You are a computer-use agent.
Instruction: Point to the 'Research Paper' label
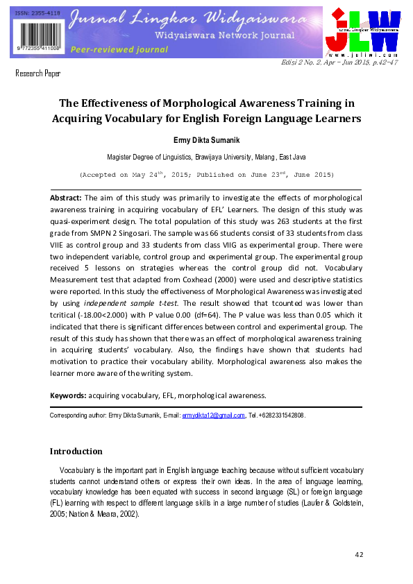[x=38, y=74]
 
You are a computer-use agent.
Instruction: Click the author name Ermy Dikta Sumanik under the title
[x=205, y=140]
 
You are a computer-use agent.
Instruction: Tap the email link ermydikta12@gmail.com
[x=214, y=415]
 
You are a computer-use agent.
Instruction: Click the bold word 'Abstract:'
[x=66, y=198]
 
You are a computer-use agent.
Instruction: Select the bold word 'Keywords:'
[x=67, y=395]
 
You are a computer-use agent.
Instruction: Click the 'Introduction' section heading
[x=76, y=451]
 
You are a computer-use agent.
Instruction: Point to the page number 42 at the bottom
[x=359, y=554]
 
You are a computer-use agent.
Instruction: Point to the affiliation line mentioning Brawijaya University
[x=205, y=157]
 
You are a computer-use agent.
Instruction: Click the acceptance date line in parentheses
[x=205, y=175]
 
